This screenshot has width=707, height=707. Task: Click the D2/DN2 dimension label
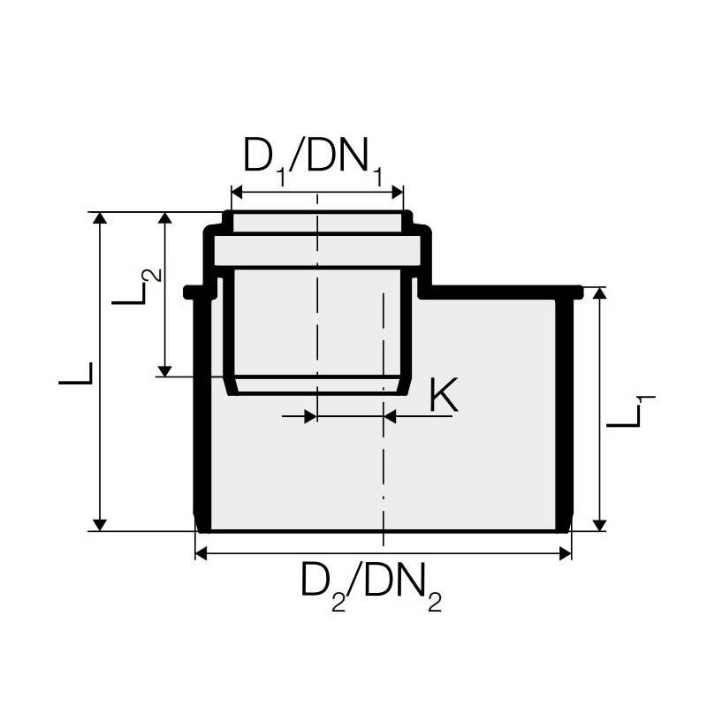pyautogui.click(x=371, y=586)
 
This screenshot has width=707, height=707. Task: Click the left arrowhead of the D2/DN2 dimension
pyautogui.click(x=203, y=553)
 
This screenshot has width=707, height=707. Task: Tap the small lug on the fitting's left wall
pyautogui.click(x=190, y=292)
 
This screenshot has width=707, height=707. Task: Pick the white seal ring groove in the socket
pyautogui.click(x=316, y=251)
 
